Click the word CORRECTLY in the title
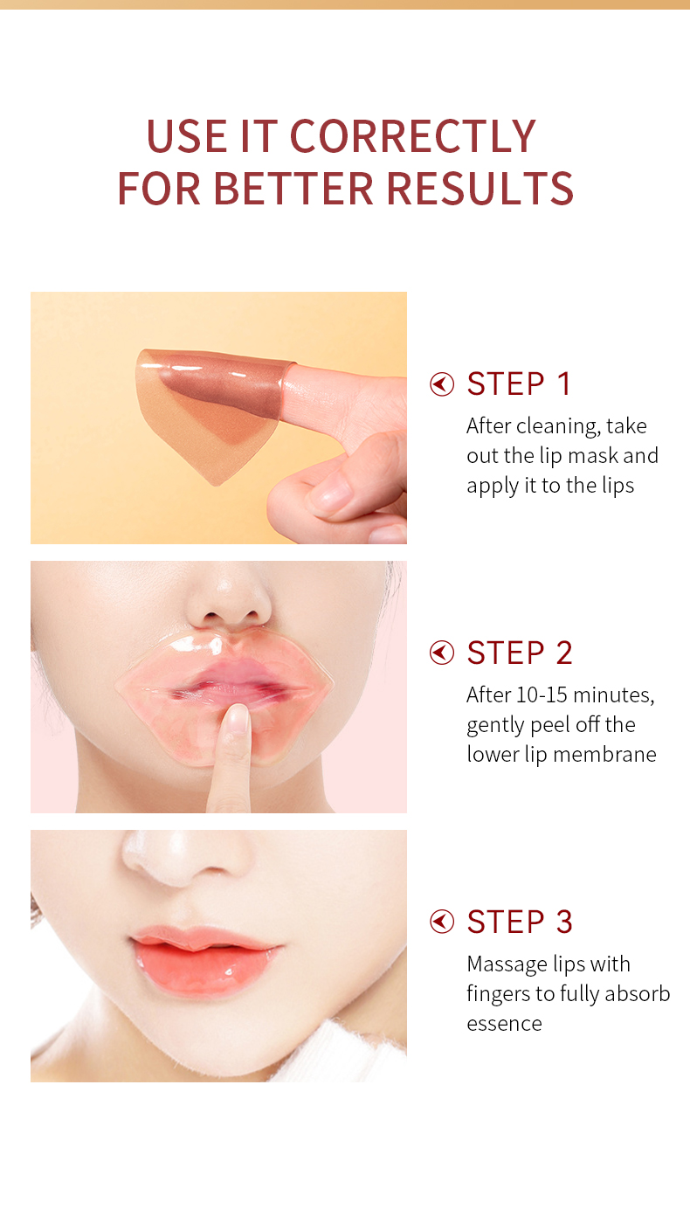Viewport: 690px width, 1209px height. (413, 135)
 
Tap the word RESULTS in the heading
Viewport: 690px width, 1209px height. (480, 189)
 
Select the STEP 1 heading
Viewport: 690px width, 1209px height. (519, 383)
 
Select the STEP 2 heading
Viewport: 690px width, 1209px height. (520, 653)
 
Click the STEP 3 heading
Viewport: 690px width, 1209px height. (520, 922)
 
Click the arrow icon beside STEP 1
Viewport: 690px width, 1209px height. (442, 384)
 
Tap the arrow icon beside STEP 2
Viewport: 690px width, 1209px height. (442, 653)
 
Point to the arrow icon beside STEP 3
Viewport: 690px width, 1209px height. (442, 922)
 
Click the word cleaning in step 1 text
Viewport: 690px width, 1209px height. (558, 427)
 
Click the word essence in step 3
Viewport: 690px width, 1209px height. (505, 1024)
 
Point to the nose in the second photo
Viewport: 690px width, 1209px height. (228, 599)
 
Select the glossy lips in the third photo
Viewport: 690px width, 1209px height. (205, 960)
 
